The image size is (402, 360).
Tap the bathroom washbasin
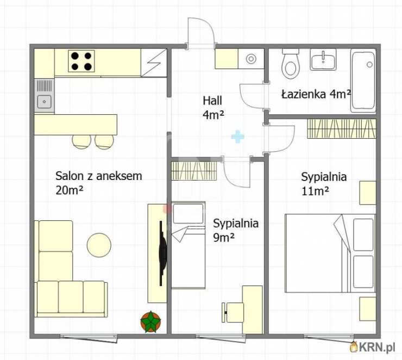click(x=323, y=59)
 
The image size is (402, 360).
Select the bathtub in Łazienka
click(x=363, y=80)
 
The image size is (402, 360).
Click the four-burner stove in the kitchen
click(x=81, y=60)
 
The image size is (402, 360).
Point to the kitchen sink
click(x=44, y=100)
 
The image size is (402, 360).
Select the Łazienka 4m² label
click(x=316, y=94)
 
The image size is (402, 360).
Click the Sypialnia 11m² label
click(x=324, y=183)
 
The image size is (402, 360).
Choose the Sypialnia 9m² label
click(x=235, y=229)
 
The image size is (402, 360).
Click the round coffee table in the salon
click(x=99, y=245)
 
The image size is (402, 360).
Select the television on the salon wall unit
click(x=162, y=253)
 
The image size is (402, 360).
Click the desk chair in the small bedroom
click(x=230, y=312)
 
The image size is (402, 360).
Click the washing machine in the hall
click(x=252, y=59)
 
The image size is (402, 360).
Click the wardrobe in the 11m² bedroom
click(x=341, y=128)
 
